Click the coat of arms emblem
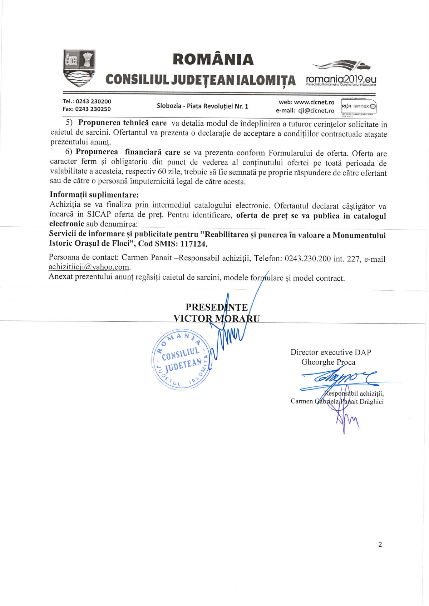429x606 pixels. (x=79, y=68)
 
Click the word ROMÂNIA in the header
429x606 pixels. (x=213, y=60)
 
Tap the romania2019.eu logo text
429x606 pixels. (x=341, y=79)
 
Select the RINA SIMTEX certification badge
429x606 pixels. (x=359, y=106)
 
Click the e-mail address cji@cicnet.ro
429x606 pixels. (x=316, y=111)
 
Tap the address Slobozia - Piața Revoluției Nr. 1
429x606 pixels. (x=202, y=106)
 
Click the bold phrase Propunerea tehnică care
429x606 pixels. (x=122, y=123)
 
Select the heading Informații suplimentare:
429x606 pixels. (x=94, y=195)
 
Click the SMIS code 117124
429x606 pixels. (x=193, y=244)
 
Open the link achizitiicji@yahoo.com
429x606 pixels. (x=89, y=267)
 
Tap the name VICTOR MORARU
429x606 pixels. (x=216, y=319)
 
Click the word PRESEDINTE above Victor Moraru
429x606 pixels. (x=216, y=307)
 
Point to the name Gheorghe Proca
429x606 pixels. (x=328, y=362)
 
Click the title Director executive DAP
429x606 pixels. (x=331, y=352)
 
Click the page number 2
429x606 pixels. (x=380, y=545)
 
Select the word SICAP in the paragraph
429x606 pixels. (x=99, y=215)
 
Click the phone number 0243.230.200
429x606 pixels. (x=307, y=259)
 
